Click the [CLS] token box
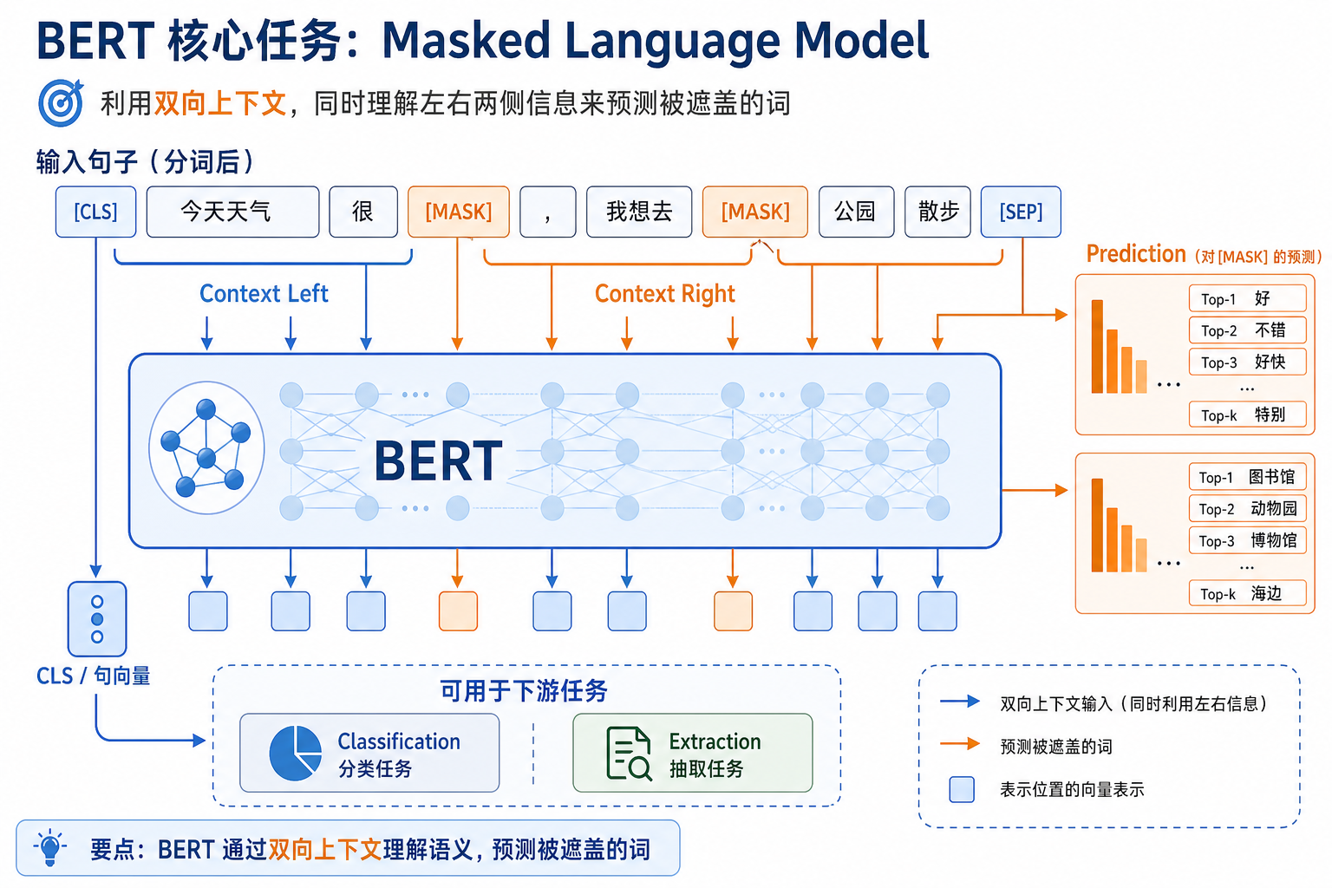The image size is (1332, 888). click(95, 212)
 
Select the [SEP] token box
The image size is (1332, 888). click(1021, 212)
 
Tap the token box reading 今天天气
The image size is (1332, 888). click(232, 212)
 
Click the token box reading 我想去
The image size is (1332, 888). click(639, 212)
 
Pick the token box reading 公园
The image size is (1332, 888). click(856, 212)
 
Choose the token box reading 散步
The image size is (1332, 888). click(939, 212)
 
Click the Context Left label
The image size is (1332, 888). click(264, 294)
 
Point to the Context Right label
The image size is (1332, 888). click(664, 294)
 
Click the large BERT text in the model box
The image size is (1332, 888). click(438, 460)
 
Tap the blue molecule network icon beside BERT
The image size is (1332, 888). click(206, 447)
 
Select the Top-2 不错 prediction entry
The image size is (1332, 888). click(1247, 330)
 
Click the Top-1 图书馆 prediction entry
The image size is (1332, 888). click(1247, 477)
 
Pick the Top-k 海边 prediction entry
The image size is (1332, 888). click(1247, 594)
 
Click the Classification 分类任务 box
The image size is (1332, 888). click(369, 753)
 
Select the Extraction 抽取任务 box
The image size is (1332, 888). click(692, 753)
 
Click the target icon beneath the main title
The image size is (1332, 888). click(61, 103)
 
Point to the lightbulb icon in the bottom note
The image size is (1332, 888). click(49, 847)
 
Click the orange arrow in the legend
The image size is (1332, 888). click(960, 744)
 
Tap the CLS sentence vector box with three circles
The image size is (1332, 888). click(97, 619)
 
